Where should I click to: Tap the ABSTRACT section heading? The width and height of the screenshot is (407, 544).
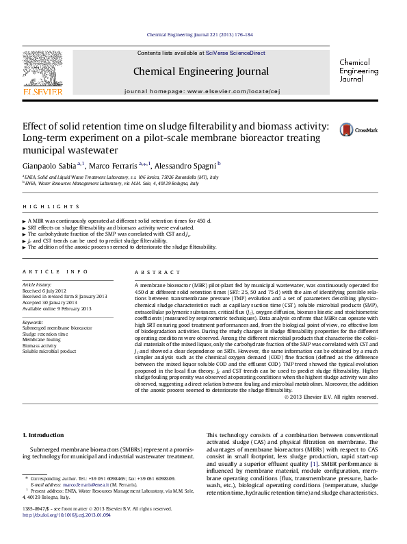pyautogui.click(x=153, y=272)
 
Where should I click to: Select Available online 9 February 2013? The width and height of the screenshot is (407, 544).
pyautogui.click(x=57, y=309)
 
